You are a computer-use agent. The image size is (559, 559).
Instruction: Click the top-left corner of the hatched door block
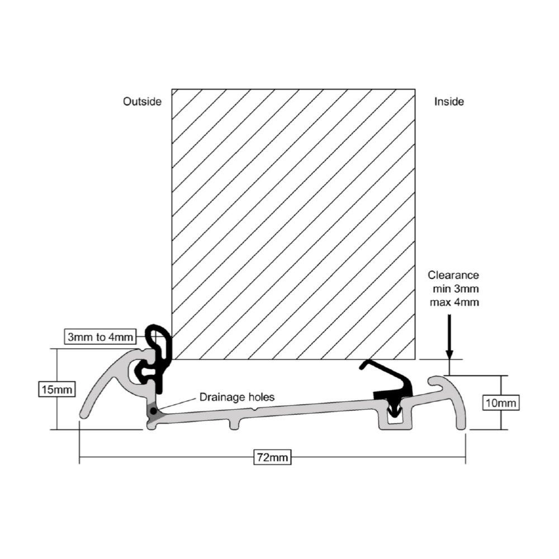172,89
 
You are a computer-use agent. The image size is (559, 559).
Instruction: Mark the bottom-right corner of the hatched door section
415,359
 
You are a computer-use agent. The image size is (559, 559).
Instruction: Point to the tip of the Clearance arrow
449,359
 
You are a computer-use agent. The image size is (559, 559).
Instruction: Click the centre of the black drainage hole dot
153,411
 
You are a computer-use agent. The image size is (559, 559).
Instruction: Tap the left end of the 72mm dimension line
79,457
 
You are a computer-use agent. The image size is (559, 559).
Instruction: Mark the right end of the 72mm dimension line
466,457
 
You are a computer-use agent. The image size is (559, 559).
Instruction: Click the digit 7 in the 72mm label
260,457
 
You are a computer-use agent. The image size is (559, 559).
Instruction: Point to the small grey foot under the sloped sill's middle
234,424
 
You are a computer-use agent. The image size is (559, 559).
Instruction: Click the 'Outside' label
142,102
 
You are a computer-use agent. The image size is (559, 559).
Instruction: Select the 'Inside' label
449,102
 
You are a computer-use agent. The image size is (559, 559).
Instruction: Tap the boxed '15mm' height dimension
57,389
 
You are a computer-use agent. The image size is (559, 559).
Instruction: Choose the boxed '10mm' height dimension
501,403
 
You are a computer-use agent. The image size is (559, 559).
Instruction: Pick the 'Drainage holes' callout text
236,397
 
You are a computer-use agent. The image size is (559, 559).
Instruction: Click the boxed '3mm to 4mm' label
100,337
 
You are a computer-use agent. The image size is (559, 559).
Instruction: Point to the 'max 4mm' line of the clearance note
454,302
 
